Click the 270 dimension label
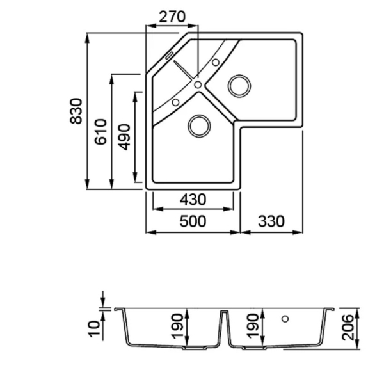coord(172,17)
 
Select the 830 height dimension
coord(76,111)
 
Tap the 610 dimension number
coord(100,132)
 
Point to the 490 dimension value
coord(124,137)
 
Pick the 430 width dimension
coord(193,200)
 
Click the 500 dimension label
coord(193,221)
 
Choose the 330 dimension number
coord(271,221)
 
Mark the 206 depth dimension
coord(348,328)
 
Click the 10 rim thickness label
coord(95,329)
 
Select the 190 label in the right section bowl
coord(253,326)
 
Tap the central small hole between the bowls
coord(198,84)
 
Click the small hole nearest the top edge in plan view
coord(216,63)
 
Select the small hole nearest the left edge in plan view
coord(175,102)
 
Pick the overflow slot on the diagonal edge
coord(169,55)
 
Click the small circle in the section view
coord(285,319)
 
